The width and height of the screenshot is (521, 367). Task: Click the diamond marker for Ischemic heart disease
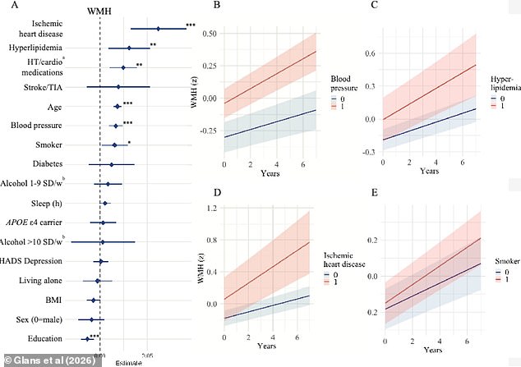point(159,29)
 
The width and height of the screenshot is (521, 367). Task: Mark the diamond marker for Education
point(86,338)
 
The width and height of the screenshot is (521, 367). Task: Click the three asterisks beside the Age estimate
point(128,105)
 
